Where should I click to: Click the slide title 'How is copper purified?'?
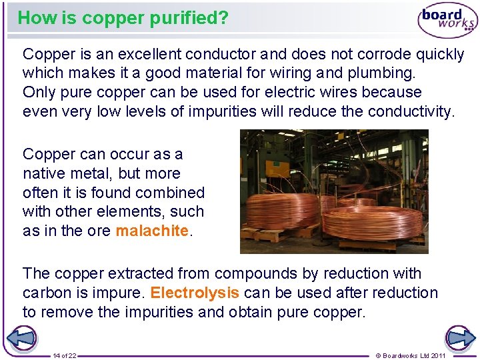[123, 18]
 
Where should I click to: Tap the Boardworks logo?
[447, 20]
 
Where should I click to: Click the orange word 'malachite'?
[152, 231]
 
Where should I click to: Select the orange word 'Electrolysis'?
[195, 293]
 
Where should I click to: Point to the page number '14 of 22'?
[65, 355]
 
